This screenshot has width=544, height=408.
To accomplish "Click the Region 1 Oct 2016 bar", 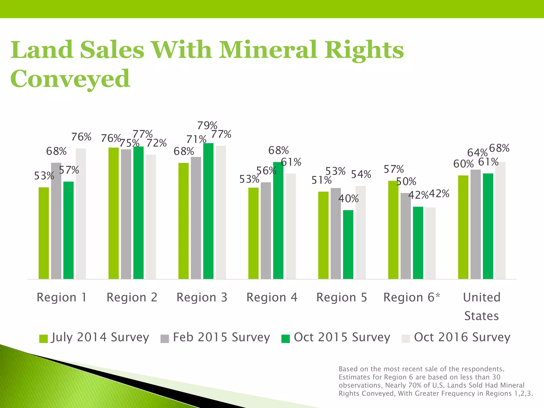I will click(81, 214).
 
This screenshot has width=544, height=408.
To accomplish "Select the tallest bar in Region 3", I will click(208, 211).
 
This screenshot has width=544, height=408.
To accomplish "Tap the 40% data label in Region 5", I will click(348, 199).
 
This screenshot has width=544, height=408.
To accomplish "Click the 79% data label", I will click(207, 125).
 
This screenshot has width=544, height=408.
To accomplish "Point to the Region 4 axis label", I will click(272, 297).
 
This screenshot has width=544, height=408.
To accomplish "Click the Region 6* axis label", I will click(412, 297).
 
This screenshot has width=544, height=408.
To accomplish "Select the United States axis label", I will click(482, 306).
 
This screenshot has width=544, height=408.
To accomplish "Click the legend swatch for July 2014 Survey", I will click(43, 339).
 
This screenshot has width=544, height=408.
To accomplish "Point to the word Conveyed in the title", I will click(70, 79).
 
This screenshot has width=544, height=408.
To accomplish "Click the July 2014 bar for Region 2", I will click(114, 213).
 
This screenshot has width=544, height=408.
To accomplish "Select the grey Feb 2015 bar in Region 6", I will click(406, 236).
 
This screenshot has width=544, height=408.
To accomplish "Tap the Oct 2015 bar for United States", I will click(488, 226).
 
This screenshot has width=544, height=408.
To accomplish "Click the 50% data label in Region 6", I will click(406, 182).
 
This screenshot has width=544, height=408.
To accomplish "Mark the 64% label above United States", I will click(477, 153).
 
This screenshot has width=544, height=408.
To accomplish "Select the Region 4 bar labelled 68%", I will click(278, 220).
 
